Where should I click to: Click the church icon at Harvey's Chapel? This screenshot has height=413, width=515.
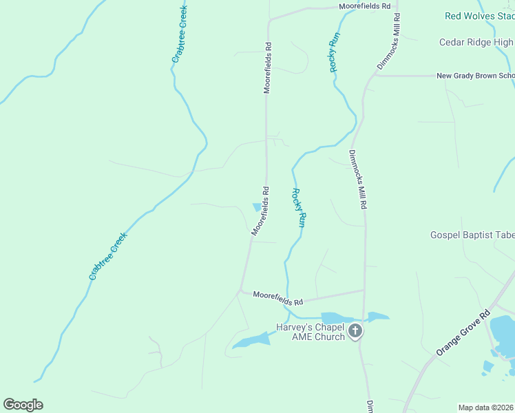[355, 331]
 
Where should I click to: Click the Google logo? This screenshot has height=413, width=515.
[23, 405]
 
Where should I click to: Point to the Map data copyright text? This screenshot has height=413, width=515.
[485, 407]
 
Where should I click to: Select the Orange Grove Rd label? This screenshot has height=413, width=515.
[462, 333]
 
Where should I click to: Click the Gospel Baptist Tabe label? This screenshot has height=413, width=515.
[472, 235]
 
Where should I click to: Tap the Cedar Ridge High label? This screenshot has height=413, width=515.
[476, 43]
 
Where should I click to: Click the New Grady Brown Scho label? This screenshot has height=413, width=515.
[475, 76]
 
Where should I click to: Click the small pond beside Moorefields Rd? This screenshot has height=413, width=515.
[257, 206]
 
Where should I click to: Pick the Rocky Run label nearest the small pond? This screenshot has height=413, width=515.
[298, 208]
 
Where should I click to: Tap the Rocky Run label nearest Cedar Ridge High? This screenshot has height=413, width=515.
[334, 52]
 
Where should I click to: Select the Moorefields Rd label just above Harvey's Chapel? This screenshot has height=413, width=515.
[277, 298]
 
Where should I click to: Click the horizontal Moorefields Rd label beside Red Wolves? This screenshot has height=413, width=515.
[365, 6]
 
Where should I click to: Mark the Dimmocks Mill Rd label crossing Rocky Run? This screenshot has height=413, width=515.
[359, 180]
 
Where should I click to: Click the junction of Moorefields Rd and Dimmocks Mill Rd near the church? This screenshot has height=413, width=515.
[364, 290]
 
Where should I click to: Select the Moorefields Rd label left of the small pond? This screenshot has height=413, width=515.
[260, 211]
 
